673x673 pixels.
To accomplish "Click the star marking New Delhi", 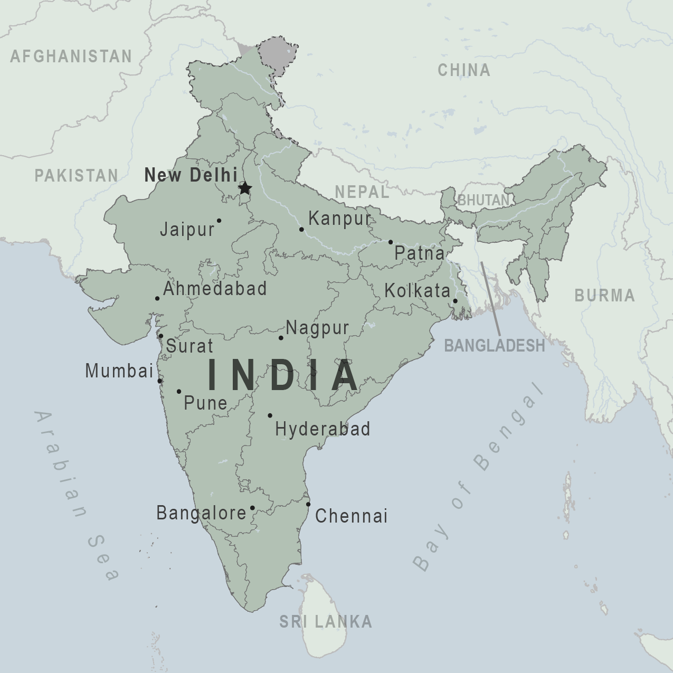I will pyautogui.click(x=244, y=188).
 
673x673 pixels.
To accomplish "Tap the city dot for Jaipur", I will pyautogui.click(x=219, y=221).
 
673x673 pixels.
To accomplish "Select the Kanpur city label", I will pyautogui.click(x=339, y=219).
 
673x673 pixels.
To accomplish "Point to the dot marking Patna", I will pyautogui.click(x=391, y=242).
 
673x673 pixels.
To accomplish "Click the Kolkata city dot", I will pyautogui.click(x=455, y=301).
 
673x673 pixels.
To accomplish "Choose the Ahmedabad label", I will pyautogui.click(x=215, y=289).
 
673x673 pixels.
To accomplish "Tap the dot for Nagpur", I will pyautogui.click(x=281, y=338).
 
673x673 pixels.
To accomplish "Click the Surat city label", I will pyautogui.click(x=189, y=346).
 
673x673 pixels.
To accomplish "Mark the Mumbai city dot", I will pyautogui.click(x=159, y=381).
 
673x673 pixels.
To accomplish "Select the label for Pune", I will pyautogui.click(x=205, y=403).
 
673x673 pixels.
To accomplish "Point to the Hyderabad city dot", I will pyautogui.click(x=270, y=415).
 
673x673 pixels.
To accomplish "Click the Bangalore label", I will pyautogui.click(x=201, y=513).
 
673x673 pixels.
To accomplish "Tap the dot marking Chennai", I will pyautogui.click(x=309, y=504).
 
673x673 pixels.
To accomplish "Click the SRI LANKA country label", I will pyautogui.click(x=326, y=622).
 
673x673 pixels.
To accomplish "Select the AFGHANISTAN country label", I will pyautogui.click(x=71, y=56).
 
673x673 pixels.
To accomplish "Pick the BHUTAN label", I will pyautogui.click(x=484, y=201).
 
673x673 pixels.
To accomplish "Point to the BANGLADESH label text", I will pyautogui.click(x=494, y=345).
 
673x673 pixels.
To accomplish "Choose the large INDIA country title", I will pyautogui.click(x=283, y=375).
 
